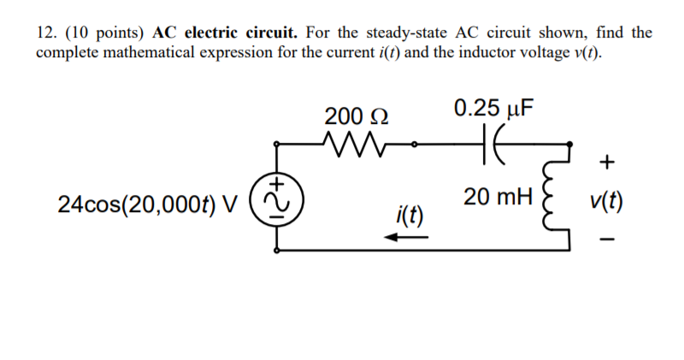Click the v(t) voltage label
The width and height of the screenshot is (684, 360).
click(605, 204)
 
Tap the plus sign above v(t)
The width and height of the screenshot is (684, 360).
click(605, 162)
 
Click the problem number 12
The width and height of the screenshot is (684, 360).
click(45, 33)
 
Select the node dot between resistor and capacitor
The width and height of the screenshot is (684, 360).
click(416, 144)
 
